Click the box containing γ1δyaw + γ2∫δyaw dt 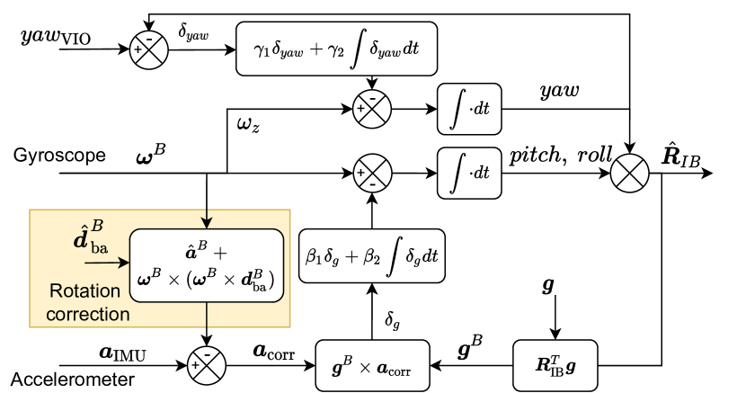pyautogui.click(x=335, y=49)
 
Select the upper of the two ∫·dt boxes pyautogui.click(x=469, y=109)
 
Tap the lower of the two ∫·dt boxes pyautogui.click(x=469, y=172)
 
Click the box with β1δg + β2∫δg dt pyautogui.click(x=371, y=256)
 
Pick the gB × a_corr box pyautogui.click(x=372, y=365)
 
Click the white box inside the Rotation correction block pyautogui.click(x=208, y=265)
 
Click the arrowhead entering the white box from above pyautogui.click(x=208, y=224)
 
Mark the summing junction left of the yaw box pyautogui.click(x=150, y=49)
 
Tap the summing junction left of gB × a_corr pyautogui.click(x=207, y=365)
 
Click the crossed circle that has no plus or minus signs pyautogui.click(x=629, y=173)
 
